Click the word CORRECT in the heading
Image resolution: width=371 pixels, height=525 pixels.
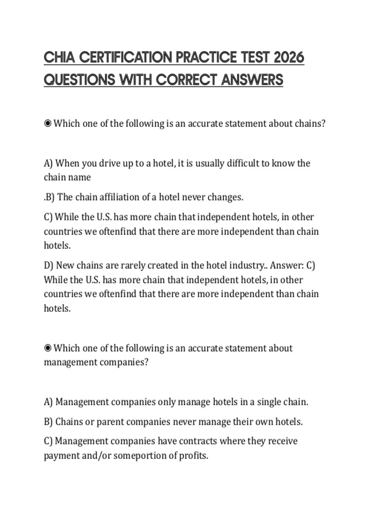point(187,80)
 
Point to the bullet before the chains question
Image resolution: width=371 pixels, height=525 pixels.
point(48,124)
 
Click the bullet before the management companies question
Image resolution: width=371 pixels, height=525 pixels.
point(48,348)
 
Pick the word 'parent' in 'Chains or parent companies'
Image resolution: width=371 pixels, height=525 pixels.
point(110,422)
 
